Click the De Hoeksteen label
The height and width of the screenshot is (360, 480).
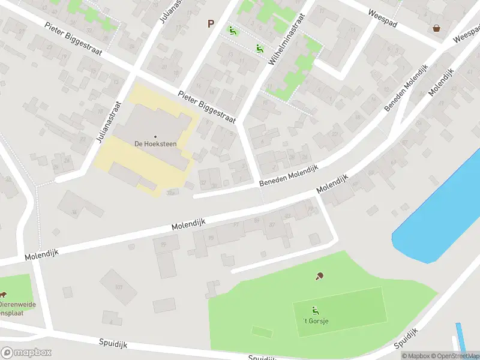155,144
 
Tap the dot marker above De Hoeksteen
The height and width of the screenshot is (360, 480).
155,137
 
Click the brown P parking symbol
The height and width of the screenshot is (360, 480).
211,23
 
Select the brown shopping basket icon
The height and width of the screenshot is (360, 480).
436,28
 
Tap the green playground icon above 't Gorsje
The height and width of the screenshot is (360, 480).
314,310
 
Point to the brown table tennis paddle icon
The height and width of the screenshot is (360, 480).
319,276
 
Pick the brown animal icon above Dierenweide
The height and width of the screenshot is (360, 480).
3,295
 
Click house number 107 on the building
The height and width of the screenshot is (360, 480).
118,287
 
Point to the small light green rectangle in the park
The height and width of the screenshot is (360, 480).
261,331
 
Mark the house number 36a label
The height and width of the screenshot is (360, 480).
172,193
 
